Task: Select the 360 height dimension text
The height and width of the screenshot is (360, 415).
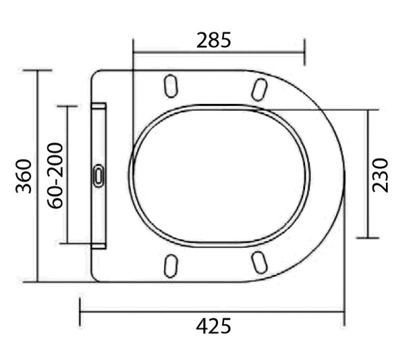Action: point(23,176)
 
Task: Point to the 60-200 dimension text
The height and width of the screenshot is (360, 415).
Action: point(55,175)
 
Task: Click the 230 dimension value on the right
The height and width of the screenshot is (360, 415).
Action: point(381,174)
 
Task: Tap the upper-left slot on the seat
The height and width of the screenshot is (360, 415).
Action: point(170,86)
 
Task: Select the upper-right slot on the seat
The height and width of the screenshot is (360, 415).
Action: point(259,88)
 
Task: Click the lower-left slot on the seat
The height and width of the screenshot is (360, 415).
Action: point(171,264)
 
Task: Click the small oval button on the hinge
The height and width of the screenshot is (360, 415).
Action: point(99,174)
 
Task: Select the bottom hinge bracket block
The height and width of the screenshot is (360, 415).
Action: point(99,244)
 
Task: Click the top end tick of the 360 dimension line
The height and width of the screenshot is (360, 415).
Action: point(37,70)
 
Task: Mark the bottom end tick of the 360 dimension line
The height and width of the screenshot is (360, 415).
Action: point(37,282)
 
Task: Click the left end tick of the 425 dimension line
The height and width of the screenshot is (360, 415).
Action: point(80,312)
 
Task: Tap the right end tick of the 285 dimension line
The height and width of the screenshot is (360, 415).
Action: point(304,51)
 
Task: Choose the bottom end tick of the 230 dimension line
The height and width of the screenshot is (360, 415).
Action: point(367,237)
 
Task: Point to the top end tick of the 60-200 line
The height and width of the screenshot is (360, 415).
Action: point(67,107)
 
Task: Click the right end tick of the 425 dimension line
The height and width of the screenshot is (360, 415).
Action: point(344,312)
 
